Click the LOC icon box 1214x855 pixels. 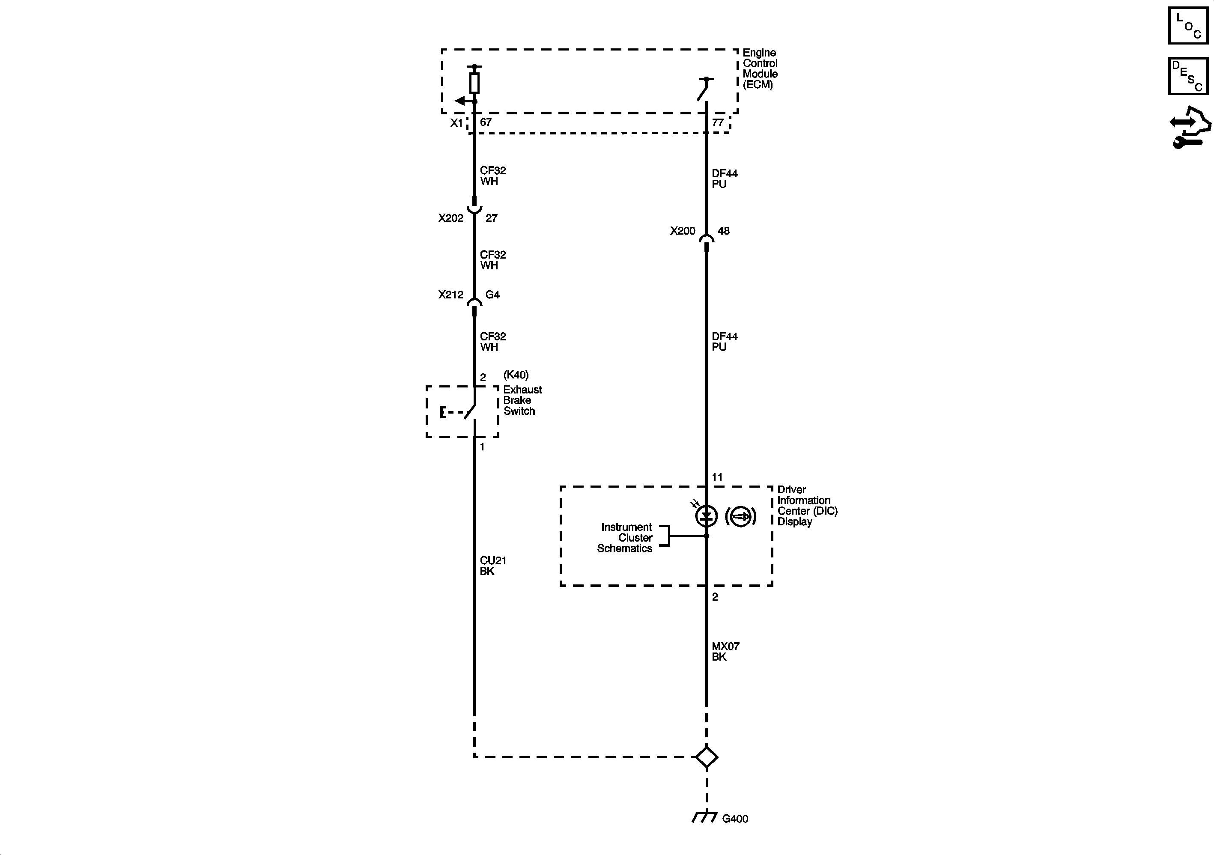pos(1188,25)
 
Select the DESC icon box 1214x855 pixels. pos(1188,76)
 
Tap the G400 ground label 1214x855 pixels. pos(735,819)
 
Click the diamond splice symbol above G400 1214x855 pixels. pos(707,757)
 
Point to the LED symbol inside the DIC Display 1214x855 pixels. pos(707,515)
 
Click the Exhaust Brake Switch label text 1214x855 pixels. pos(522,400)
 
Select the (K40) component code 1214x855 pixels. pos(516,375)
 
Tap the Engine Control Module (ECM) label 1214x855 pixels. pos(760,69)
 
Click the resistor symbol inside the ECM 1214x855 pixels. pos(474,83)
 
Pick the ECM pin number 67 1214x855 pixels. pos(486,122)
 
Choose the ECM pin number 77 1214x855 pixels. pos(718,122)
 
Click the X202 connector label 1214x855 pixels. pos(450,218)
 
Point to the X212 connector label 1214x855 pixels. pos(450,295)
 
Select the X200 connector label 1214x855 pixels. pos(683,231)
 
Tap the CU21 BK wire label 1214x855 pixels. pos(493,566)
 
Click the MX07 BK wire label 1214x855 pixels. pos(725,652)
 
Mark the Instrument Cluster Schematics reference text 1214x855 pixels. pos(626,538)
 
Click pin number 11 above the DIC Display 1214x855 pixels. pos(717,477)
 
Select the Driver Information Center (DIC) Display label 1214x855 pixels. pos(807,506)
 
